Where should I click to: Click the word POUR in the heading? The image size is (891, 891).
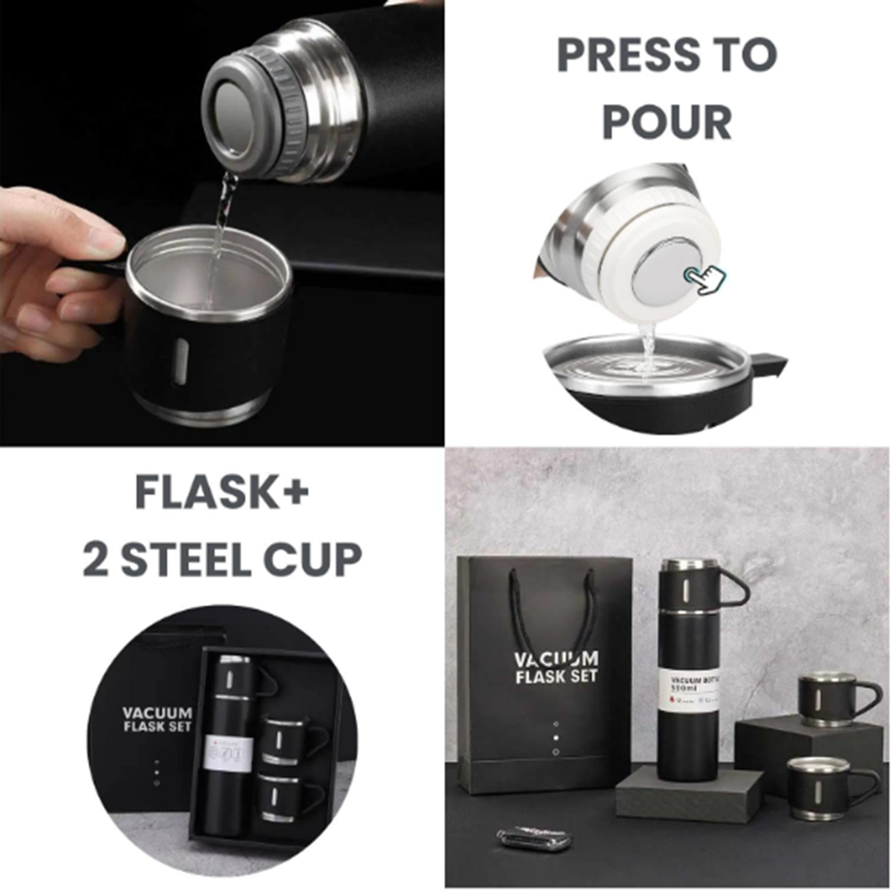coord(666,121)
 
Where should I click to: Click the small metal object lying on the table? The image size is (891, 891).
coord(533,838)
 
